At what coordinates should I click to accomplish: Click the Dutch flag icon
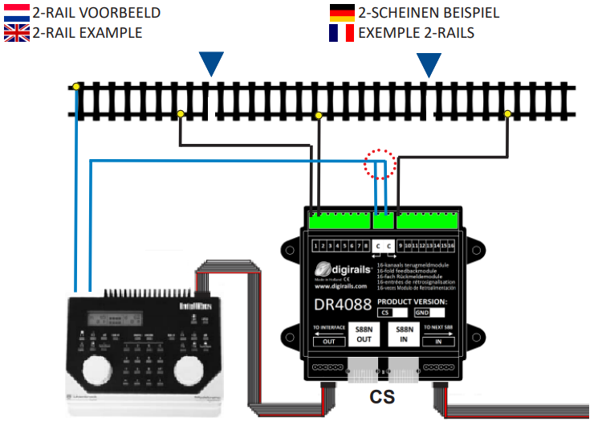(x=17, y=13)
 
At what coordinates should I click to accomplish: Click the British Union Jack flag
(x=17, y=33)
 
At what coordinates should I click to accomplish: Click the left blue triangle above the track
(x=211, y=63)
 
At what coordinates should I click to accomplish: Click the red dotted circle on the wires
(x=380, y=164)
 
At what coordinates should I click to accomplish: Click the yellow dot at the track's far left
(x=76, y=86)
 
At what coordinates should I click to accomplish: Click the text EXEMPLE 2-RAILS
(x=416, y=33)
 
